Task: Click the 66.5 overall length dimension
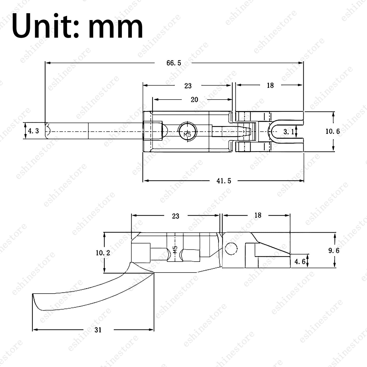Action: coord(174,63)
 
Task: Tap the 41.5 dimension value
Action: coord(224,181)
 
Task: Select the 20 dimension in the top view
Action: coord(194,100)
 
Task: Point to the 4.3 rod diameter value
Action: coord(33,131)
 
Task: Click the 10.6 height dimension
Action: coord(332,131)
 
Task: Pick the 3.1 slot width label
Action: coord(289,132)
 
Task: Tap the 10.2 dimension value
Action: coord(103,253)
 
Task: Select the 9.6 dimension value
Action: coord(334,250)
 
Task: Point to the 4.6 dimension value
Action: coord(300,262)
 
